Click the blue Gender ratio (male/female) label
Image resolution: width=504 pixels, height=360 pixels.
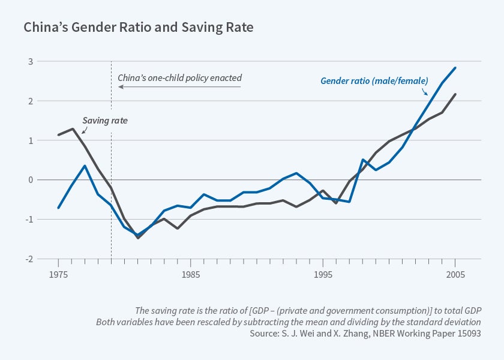374,80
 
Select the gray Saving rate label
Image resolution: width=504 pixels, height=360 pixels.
105,121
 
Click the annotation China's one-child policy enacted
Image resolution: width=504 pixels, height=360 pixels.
179,78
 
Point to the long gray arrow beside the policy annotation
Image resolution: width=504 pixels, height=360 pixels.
179,87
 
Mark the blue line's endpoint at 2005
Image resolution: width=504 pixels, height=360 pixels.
455,68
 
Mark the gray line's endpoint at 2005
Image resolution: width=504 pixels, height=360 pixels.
455,94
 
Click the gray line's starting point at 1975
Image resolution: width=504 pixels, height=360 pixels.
58,135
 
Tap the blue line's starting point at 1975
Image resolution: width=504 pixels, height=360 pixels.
58,208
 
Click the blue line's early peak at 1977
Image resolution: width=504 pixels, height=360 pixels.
85,166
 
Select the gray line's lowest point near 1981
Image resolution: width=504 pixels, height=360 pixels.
138,238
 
